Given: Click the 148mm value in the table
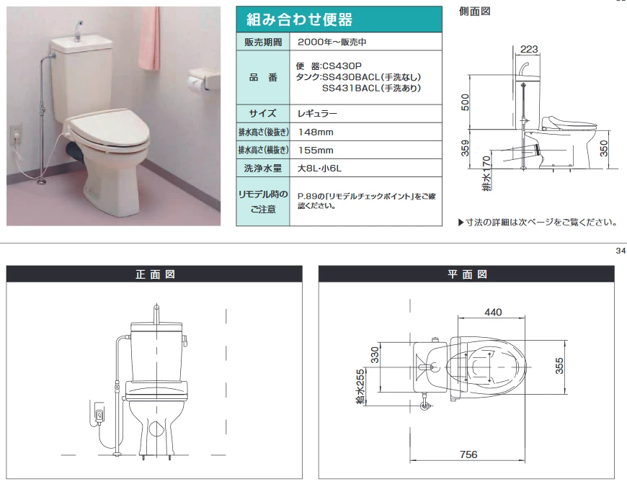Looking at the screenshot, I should coord(316,132).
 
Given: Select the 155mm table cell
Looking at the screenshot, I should coord(316,151).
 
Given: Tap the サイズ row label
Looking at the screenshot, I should coord(263,113).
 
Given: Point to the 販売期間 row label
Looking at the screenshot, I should coord(263,42).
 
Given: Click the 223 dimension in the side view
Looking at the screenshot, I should coord(529,48).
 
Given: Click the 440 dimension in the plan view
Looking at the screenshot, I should coord(493,312).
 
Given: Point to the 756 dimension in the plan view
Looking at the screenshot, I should coord(468,454).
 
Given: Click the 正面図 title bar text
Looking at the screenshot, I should coord(154,274).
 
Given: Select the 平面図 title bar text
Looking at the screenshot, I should coord(466,274).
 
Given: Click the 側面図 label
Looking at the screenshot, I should coord(475,12).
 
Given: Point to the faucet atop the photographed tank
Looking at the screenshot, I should coord(77,30).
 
